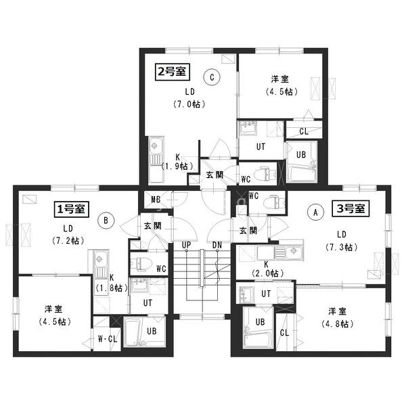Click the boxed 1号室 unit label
click(x=72, y=208)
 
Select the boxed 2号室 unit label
click(x=173, y=72)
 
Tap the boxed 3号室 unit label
click(x=351, y=208)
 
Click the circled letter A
click(x=315, y=212)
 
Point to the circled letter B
click(x=106, y=221)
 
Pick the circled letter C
click(x=212, y=77)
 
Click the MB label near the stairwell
click(x=156, y=200)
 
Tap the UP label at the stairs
click(x=187, y=245)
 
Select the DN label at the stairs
click(x=217, y=245)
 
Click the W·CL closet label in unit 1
click(x=108, y=339)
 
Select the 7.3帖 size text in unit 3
click(x=341, y=247)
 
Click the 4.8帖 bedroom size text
click(x=338, y=323)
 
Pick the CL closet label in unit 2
click(x=304, y=131)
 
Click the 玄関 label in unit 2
click(x=215, y=175)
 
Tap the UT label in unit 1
click(x=148, y=302)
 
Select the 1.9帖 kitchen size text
click(x=177, y=166)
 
